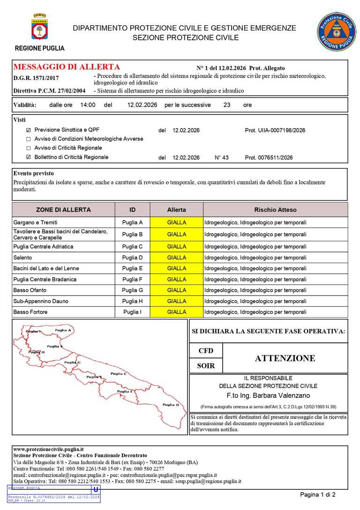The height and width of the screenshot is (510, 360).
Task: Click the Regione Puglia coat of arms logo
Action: tap(40, 28)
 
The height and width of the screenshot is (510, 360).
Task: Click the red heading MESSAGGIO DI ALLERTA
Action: tap(67, 67)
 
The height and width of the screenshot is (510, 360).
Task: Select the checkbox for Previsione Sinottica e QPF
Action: tap(29, 130)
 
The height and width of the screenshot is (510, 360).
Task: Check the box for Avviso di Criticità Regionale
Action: tap(29, 148)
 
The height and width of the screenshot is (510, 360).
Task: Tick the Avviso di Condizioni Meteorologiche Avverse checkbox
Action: tap(29, 139)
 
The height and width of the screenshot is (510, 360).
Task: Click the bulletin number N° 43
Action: tap(221, 158)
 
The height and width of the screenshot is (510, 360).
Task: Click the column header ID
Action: tap(132, 210)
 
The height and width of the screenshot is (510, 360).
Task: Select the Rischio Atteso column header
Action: tap(275, 210)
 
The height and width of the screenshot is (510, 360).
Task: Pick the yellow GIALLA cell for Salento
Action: tap(177, 258)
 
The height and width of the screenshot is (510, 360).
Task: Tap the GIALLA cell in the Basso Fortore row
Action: tap(177, 312)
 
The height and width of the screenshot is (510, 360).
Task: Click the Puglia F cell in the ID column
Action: tap(132, 280)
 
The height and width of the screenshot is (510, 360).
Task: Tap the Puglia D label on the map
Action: tap(171, 405)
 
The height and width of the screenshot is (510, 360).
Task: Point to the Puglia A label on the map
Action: tap(63, 330)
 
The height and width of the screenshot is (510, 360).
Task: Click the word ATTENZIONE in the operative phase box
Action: tap(285, 358)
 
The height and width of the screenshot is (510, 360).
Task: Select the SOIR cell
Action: tap(206, 366)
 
